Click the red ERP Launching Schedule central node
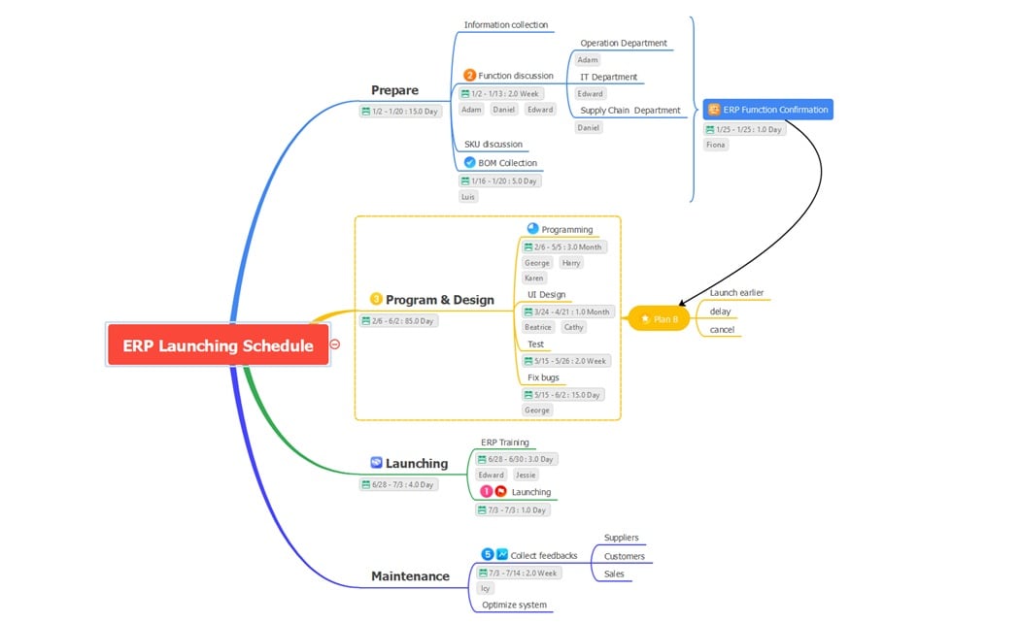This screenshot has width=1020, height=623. point(218,345)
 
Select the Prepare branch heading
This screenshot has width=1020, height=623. point(394,90)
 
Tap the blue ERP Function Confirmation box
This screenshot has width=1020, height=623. point(767,110)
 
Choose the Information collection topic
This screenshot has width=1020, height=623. point(505,24)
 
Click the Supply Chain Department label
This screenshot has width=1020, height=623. point(629,110)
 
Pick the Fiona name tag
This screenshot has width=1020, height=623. point(716,145)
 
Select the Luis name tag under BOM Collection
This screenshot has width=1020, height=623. point(468,196)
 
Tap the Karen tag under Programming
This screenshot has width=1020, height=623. point(534,278)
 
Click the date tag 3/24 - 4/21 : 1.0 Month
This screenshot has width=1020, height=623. point(567,311)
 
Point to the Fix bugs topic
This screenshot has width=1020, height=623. point(543,377)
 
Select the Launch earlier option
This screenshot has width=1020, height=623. point(736,292)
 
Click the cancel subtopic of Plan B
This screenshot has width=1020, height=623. point(722,329)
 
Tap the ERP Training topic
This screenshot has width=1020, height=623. point(505,443)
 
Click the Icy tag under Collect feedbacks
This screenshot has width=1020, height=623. point(486,588)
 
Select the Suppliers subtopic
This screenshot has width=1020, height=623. point(621,538)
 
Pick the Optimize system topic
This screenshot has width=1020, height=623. point(514,605)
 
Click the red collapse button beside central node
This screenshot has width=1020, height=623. point(334,344)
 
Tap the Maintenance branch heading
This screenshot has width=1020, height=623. point(410,576)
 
